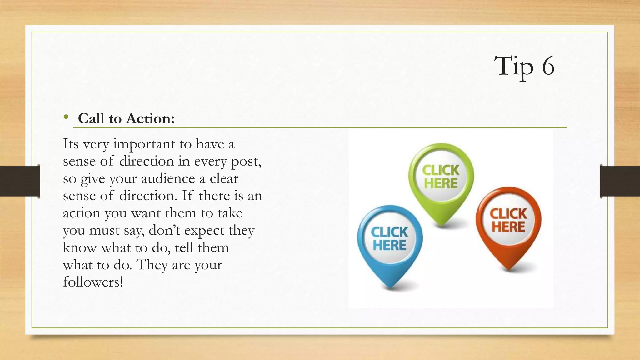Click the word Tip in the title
[x=513, y=67]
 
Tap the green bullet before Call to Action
[x=66, y=117]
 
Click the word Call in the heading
[x=91, y=118]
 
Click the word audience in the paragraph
[x=168, y=179]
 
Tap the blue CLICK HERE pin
[x=390, y=239]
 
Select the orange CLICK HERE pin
[x=508, y=221]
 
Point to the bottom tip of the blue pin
[x=390, y=287]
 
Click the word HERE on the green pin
[x=441, y=183]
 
